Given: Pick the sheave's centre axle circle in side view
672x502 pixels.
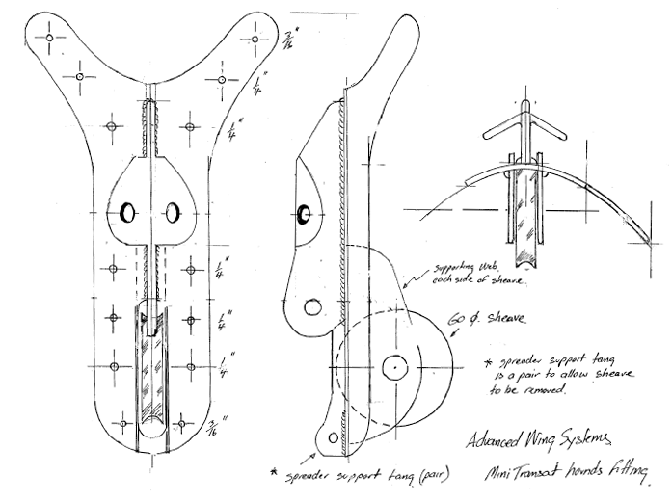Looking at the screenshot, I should click(x=394, y=367).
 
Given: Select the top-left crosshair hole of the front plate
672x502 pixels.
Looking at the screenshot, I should click(x=46, y=40).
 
